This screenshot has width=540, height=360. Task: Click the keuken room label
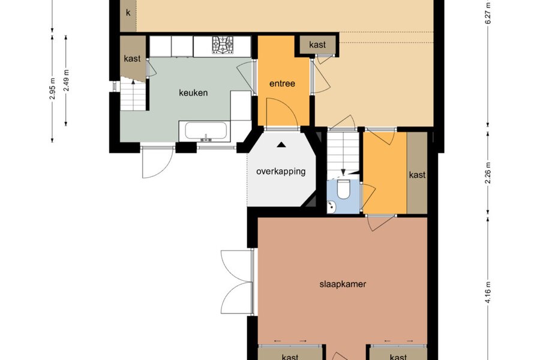[193, 92]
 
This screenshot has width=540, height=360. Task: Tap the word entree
[282, 83]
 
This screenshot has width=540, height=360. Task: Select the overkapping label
[281, 171]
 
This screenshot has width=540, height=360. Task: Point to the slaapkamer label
[343, 284]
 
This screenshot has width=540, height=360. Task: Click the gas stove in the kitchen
[223, 45]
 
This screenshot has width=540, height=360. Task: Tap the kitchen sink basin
[206, 131]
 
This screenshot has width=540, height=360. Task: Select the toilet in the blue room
[343, 189]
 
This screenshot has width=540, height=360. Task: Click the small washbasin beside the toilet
[332, 206]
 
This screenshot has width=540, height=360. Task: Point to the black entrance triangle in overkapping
[282, 145]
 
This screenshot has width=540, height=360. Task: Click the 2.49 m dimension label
[67, 80]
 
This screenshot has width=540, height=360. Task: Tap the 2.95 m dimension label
[52, 89]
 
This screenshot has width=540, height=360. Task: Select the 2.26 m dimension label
[488, 172]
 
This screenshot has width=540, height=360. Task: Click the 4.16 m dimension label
[488, 293]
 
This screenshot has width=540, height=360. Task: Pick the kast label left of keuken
[132, 59]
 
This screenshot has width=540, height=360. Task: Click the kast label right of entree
[317, 44]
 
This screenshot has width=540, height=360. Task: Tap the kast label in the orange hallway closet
[417, 175]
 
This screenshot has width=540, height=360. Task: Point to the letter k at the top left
[128, 13]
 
